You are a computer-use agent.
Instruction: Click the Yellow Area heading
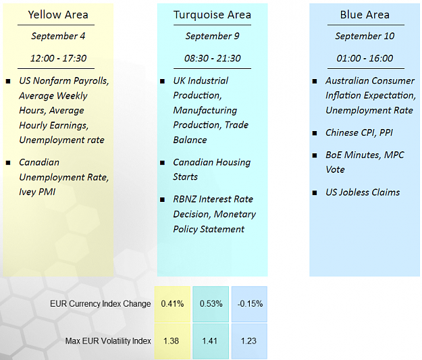(58, 15)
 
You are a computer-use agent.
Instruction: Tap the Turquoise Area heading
(212, 15)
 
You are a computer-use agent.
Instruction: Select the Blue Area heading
(365, 15)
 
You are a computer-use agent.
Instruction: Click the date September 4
(58, 36)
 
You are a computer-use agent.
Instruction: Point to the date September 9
(212, 36)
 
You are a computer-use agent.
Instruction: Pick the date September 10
(365, 36)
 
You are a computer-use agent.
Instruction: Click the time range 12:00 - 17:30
(58, 58)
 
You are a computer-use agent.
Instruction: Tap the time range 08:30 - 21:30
(212, 58)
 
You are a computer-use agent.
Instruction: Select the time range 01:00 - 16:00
(365, 58)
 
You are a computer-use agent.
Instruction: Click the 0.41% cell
(172, 304)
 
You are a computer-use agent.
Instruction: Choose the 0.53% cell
(211, 304)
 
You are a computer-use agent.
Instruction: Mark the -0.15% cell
(249, 304)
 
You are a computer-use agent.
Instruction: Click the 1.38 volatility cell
(172, 341)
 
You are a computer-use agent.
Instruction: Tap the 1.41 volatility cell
(211, 341)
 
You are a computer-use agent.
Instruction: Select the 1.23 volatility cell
(249, 341)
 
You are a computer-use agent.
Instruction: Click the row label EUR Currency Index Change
(101, 304)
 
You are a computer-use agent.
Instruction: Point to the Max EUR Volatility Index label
(108, 341)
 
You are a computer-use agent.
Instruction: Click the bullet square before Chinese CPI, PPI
(315, 133)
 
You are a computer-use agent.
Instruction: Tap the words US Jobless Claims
(363, 192)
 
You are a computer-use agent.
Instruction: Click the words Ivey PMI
(37, 192)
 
